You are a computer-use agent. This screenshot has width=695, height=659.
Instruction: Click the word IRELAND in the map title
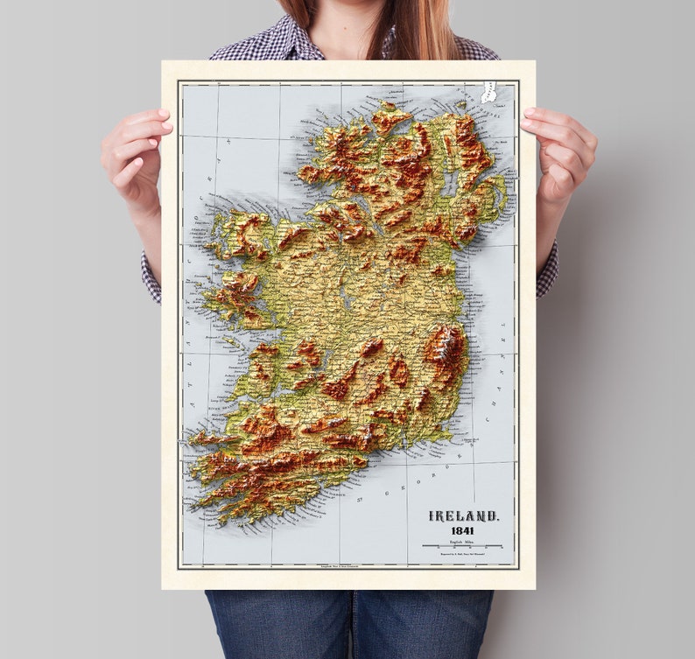point(464,516)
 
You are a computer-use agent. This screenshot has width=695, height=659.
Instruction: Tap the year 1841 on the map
point(464,531)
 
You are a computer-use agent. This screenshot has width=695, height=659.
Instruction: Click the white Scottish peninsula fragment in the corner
point(488,91)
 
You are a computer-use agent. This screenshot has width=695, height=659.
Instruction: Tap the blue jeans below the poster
point(350,623)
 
